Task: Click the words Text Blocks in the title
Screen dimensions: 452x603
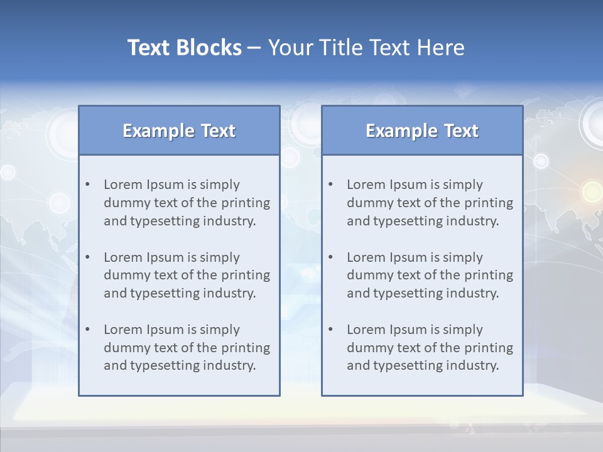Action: coord(184,48)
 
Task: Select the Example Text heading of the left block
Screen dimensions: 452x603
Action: coord(179,131)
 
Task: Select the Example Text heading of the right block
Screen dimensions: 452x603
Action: coord(422,131)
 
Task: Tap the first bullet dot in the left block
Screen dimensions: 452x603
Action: coord(88,185)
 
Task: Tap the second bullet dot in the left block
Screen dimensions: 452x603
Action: coord(88,257)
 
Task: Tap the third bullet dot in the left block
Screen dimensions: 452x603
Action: coord(88,330)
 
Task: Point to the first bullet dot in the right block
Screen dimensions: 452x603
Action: coord(331,185)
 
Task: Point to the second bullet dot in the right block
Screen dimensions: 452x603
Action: coord(331,257)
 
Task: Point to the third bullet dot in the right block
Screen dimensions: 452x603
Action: coord(331,330)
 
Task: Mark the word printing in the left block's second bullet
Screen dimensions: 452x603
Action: coord(247,275)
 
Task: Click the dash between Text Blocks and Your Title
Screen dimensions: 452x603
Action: coord(254,48)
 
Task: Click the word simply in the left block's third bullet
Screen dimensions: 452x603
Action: coord(220,330)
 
